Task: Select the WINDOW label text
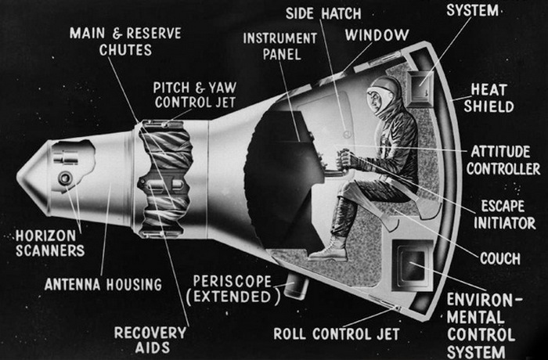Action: [x=379, y=35]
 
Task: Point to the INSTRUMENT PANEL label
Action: [x=279, y=46]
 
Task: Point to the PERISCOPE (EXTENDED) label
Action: [x=233, y=289]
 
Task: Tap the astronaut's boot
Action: [x=327, y=249]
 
